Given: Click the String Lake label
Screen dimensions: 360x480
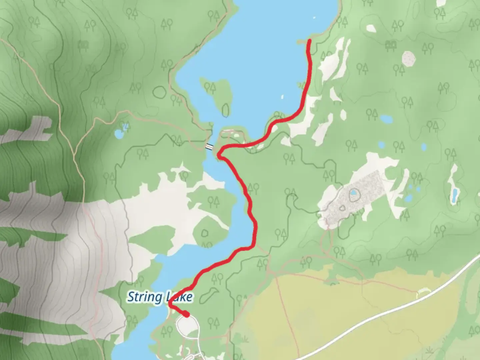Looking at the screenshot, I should tap(160, 297).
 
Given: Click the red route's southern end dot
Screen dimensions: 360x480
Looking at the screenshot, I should tap(187, 314).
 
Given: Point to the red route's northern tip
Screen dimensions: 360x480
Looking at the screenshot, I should tap(309, 41).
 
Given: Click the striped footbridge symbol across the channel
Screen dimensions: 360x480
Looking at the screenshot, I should tap(209, 146).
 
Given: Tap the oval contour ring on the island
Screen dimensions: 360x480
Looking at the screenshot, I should tap(226, 110).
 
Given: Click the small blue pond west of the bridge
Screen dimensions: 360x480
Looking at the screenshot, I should tap(119, 134).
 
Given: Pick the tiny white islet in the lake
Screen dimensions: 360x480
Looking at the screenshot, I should tap(282, 97).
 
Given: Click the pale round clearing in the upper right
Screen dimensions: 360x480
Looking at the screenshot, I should tap(409, 59).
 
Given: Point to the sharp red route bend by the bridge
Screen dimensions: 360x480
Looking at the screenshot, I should tap(219, 154).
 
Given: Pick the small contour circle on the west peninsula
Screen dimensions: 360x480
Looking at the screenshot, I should tap(205, 233).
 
